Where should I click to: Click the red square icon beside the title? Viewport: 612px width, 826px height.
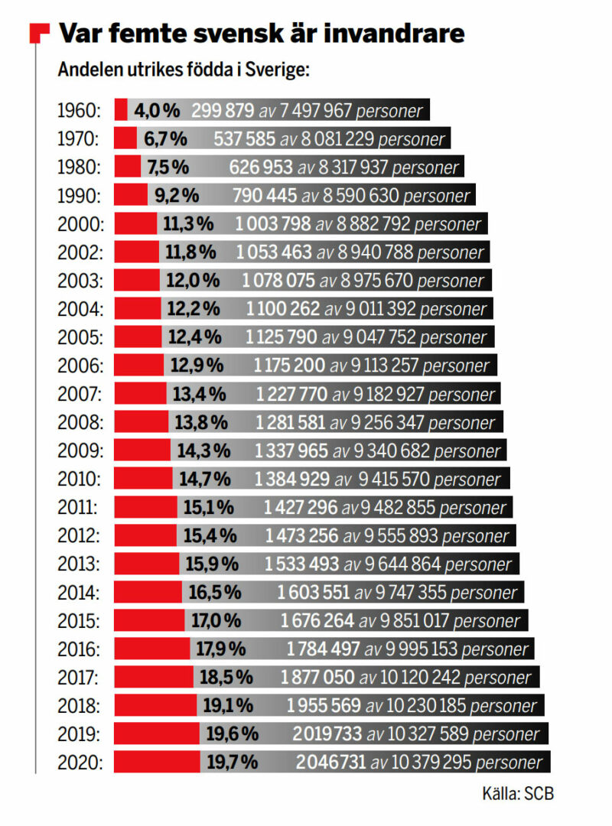39,34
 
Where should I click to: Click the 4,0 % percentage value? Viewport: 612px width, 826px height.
157,110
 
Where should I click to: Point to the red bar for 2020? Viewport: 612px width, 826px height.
157,762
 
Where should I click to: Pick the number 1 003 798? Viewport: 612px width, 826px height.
273,224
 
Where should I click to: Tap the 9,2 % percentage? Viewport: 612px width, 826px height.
177,195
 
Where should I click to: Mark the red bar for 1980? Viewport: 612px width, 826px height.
127,167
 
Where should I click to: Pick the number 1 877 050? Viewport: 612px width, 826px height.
317,677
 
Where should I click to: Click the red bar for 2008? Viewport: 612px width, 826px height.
141,422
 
